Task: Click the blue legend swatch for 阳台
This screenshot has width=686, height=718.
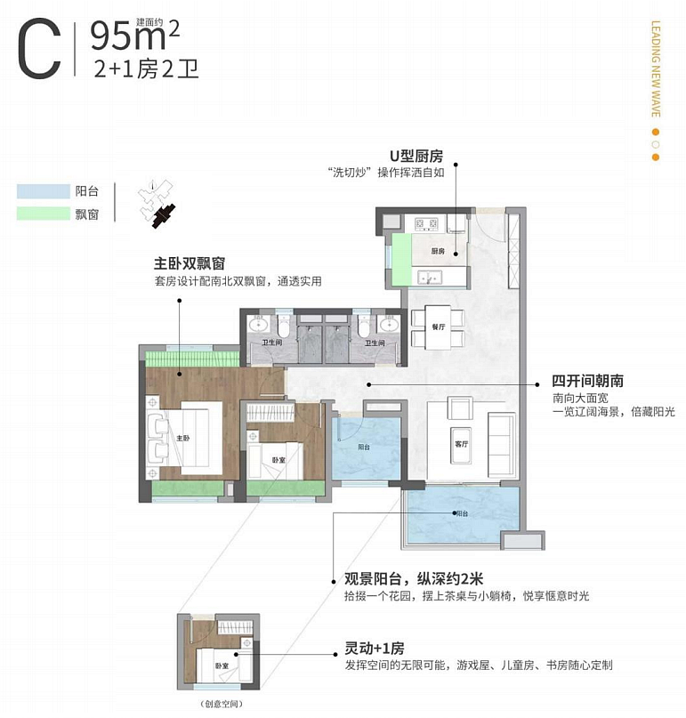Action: (43, 191)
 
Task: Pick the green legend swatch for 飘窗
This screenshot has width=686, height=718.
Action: (43, 214)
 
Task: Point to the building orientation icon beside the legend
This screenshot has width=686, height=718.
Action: (158, 206)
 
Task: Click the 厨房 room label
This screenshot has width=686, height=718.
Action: (437, 252)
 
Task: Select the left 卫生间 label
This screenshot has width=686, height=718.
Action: (272, 342)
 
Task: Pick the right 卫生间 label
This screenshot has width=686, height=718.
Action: (375, 342)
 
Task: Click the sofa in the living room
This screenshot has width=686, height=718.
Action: (501, 443)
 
